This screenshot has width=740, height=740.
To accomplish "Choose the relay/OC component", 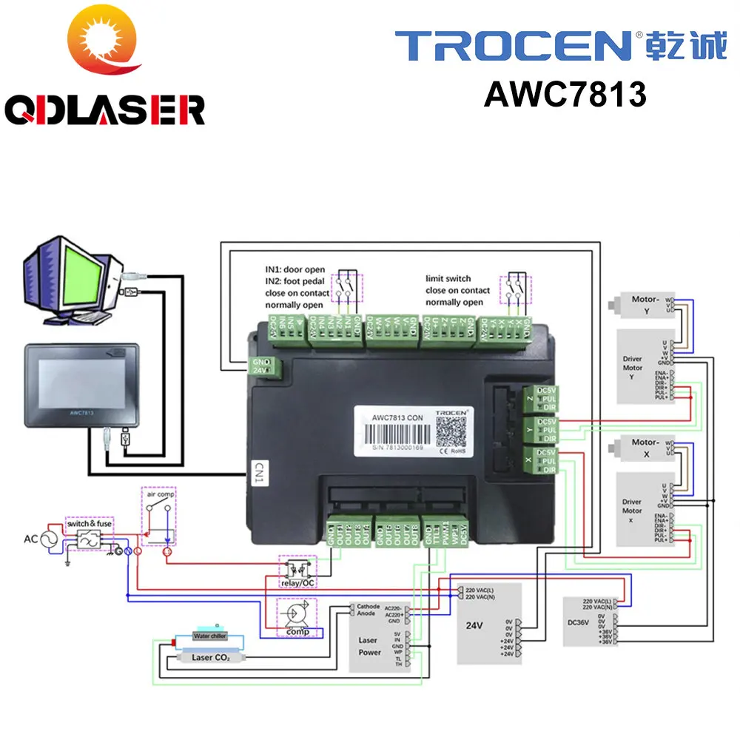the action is tap(296, 570).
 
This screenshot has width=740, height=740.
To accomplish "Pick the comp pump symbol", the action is tap(295, 615).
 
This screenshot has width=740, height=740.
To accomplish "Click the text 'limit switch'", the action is tap(448, 278).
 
